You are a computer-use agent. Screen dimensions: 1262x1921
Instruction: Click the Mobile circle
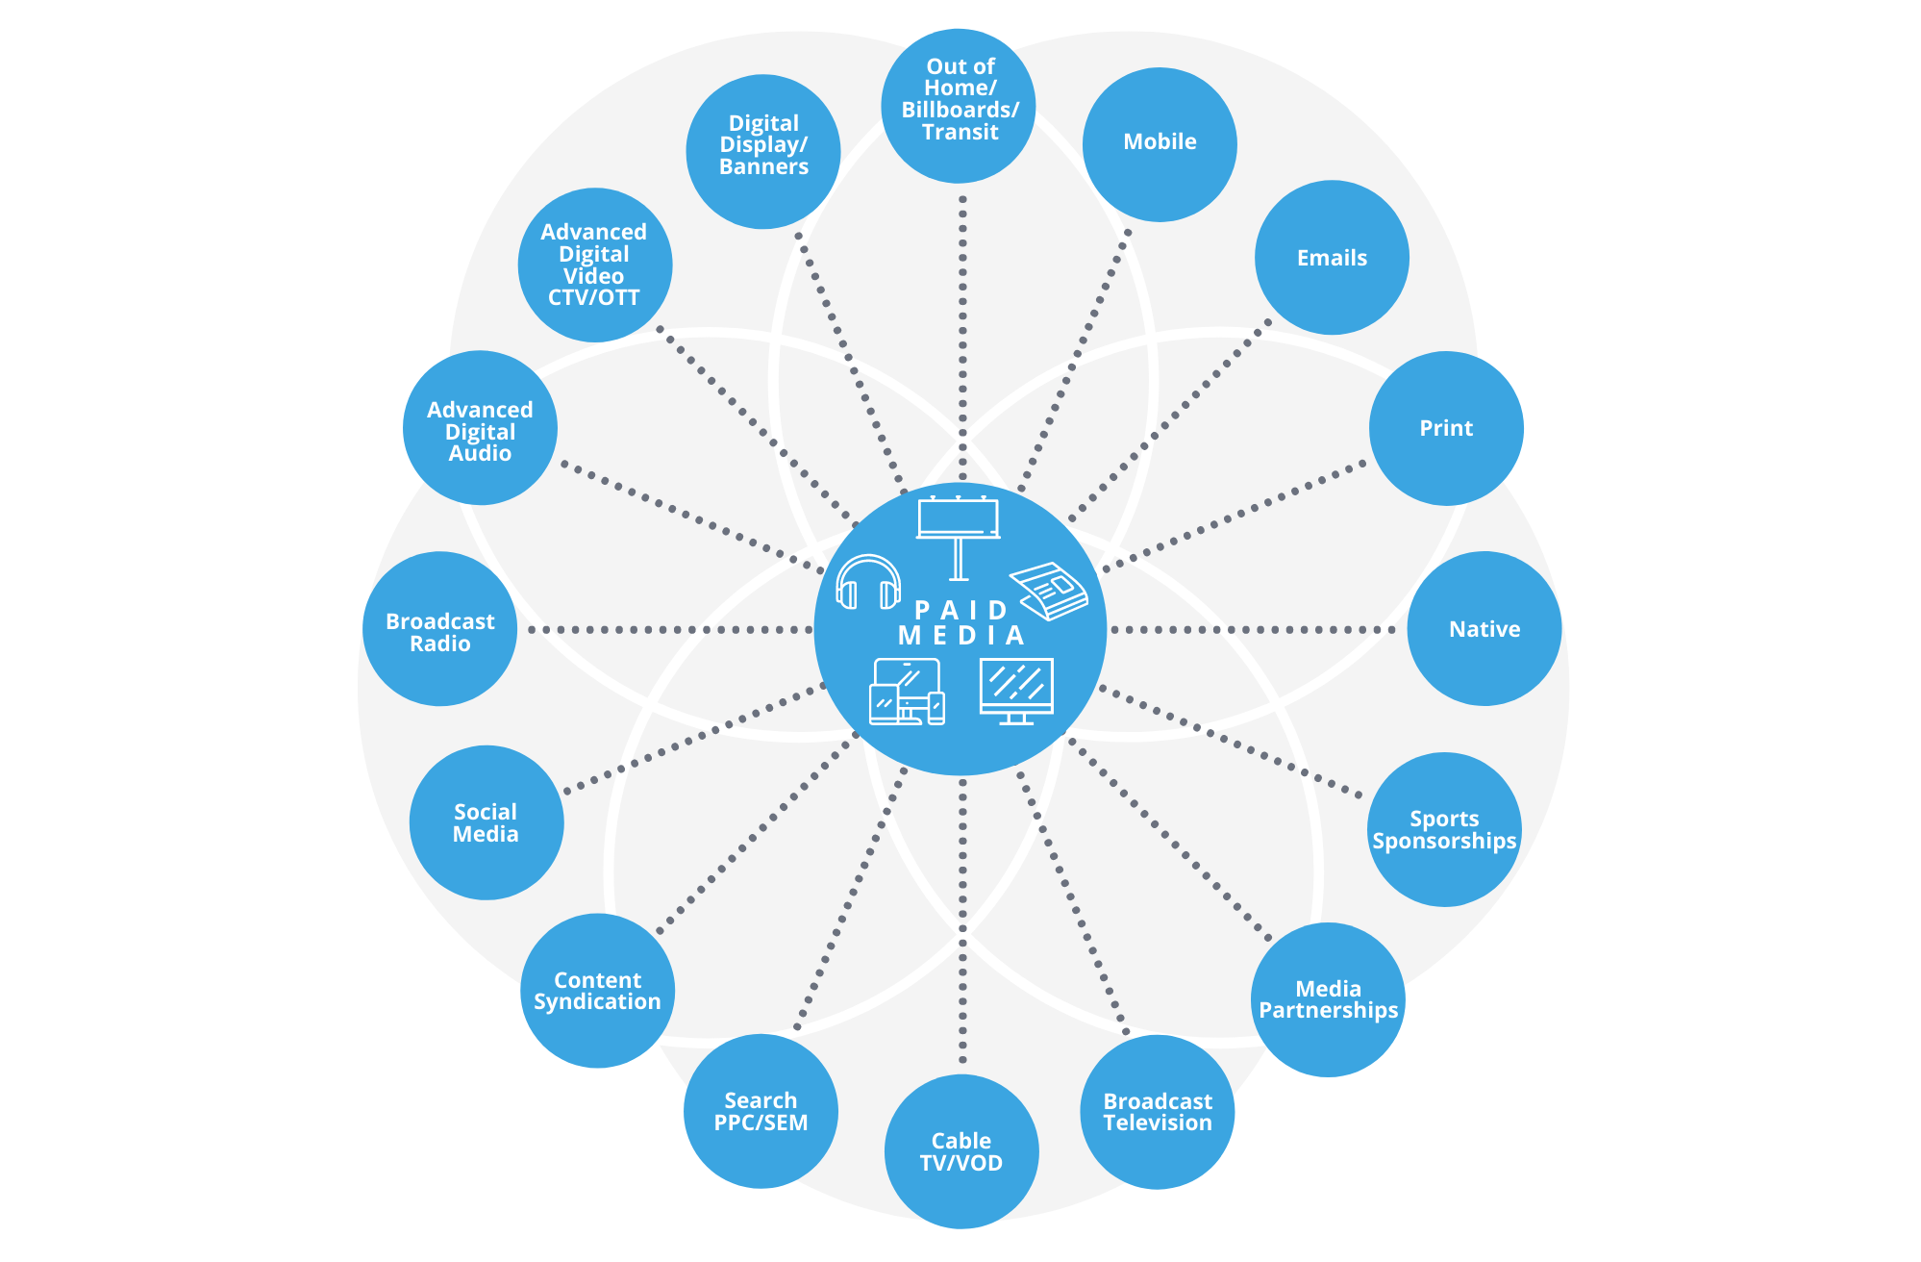(x=1160, y=144)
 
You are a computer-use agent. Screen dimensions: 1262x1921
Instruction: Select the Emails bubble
(x=1332, y=258)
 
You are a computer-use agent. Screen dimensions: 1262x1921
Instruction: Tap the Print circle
(x=1446, y=428)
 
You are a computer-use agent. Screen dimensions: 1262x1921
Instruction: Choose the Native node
(x=1484, y=629)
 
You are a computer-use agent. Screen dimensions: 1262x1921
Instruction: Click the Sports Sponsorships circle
(x=1444, y=829)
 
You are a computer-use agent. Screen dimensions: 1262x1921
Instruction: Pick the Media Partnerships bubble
(x=1328, y=999)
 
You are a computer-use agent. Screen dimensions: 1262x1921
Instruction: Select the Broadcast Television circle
(x=1158, y=1112)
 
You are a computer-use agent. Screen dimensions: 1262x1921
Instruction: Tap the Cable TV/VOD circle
(x=961, y=1151)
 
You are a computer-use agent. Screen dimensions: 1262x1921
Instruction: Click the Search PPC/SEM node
(x=761, y=1111)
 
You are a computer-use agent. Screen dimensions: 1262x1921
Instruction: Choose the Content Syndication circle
(x=597, y=991)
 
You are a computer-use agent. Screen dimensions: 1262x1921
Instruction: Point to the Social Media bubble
(x=486, y=822)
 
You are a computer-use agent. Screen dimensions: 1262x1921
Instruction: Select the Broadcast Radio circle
(x=439, y=629)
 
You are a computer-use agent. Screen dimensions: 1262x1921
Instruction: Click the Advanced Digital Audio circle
(x=480, y=428)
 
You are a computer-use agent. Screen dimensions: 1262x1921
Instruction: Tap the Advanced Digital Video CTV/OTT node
(x=594, y=265)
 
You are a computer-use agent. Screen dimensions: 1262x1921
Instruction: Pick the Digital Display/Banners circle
(x=763, y=152)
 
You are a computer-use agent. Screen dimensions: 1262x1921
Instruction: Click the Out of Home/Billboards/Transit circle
(x=959, y=106)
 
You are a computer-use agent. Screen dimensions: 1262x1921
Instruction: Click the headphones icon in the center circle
(x=868, y=583)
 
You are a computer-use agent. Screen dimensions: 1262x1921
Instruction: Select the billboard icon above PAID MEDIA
(x=959, y=534)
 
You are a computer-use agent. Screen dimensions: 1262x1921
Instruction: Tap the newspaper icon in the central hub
(x=1049, y=590)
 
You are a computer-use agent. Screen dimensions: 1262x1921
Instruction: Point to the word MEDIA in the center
(x=961, y=636)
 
